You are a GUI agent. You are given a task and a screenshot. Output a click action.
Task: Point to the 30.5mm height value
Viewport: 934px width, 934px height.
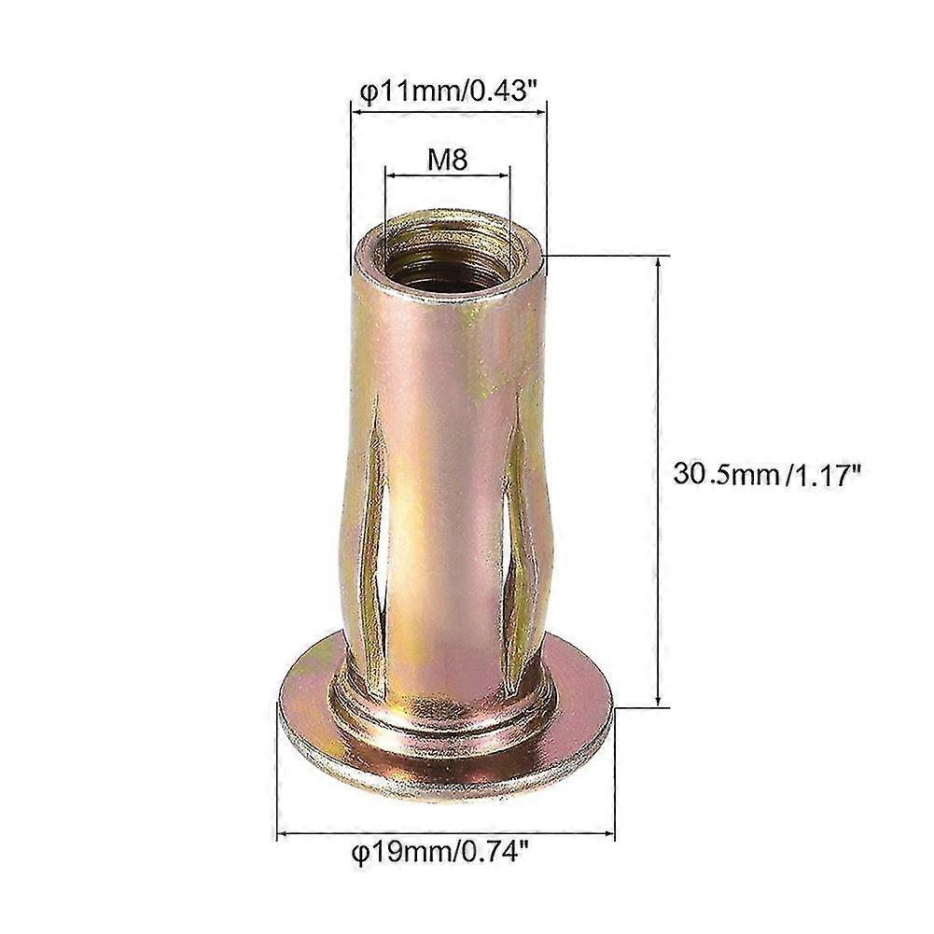tap(725, 476)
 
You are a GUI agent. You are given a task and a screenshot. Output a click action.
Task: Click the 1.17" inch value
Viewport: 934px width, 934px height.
tap(823, 476)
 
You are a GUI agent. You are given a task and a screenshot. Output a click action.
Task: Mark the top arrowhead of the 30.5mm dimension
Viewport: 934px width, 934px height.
tap(660, 264)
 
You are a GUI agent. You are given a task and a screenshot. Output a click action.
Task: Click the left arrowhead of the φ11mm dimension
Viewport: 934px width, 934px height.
tap(355, 107)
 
